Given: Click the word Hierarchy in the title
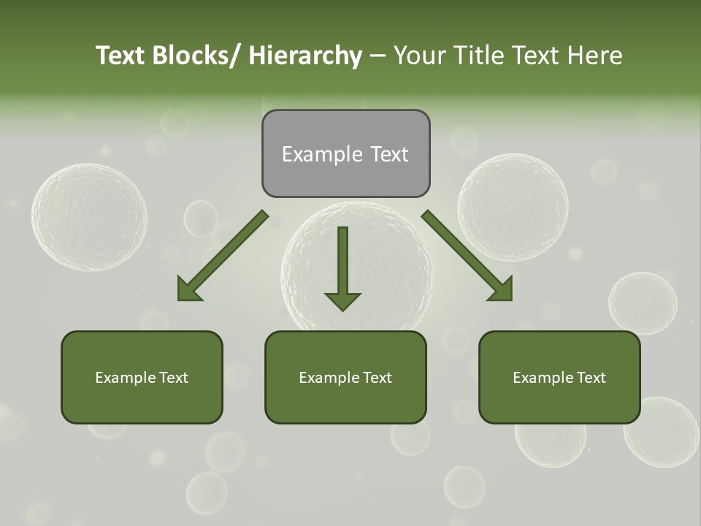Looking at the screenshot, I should (305, 56).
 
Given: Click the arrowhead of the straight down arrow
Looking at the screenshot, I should (342, 300).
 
